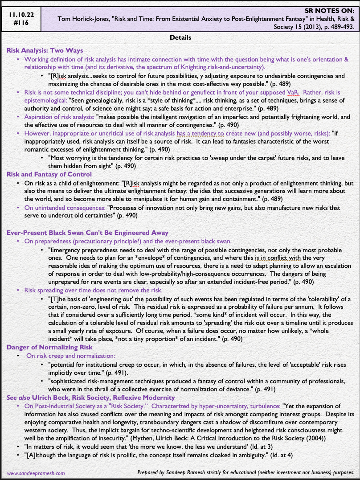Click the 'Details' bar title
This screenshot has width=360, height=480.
(x=180, y=38)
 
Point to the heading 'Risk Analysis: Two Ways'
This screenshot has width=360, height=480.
(x=45, y=50)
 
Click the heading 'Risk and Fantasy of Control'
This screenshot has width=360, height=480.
(x=49, y=174)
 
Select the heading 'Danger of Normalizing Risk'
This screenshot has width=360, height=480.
(x=49, y=347)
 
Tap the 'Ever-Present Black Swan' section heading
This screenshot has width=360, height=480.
(x=87, y=232)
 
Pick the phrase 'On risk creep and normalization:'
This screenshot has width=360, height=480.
(x=71, y=356)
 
